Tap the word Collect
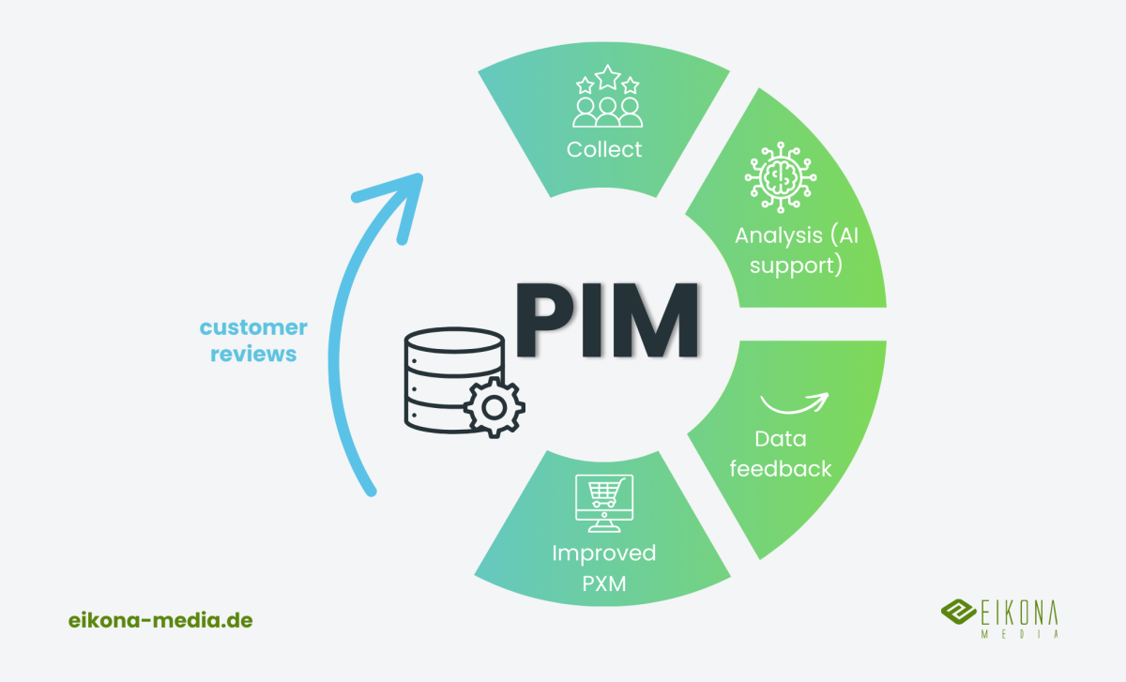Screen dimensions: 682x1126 [604, 149]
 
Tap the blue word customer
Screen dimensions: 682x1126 [253, 327]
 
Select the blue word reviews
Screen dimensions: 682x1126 [253, 355]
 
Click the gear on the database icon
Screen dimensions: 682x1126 [495, 407]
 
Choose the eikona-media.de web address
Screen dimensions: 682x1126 [160, 620]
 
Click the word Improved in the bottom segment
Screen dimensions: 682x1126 [603, 553]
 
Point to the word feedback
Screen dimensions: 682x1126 [781, 468]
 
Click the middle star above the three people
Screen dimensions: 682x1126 [607, 76]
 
